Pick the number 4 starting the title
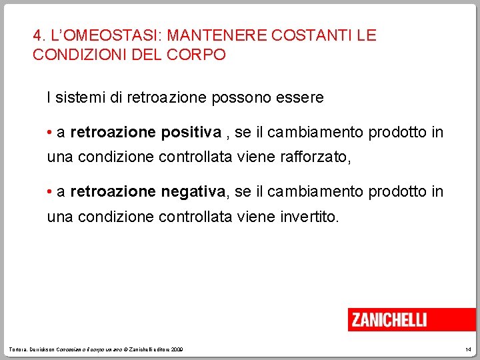pyautogui.click(x=37, y=35)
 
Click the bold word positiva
pyautogui.click(x=191, y=133)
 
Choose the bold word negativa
pyautogui.click(x=193, y=192)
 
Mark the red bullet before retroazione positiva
pyautogui.click(x=50, y=133)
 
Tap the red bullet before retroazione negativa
pyautogui.click(x=50, y=192)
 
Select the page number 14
pyautogui.click(x=467, y=349)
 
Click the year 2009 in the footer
pyautogui.click(x=177, y=349)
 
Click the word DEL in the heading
pyautogui.click(x=147, y=54)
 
